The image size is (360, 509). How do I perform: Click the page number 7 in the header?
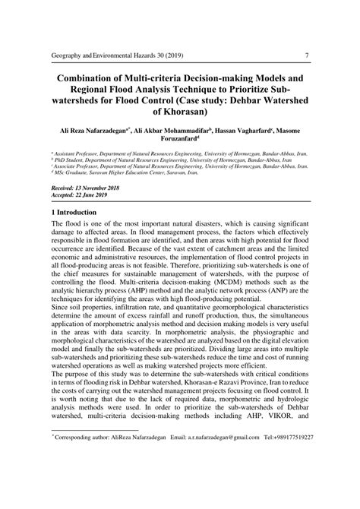[305, 55]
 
